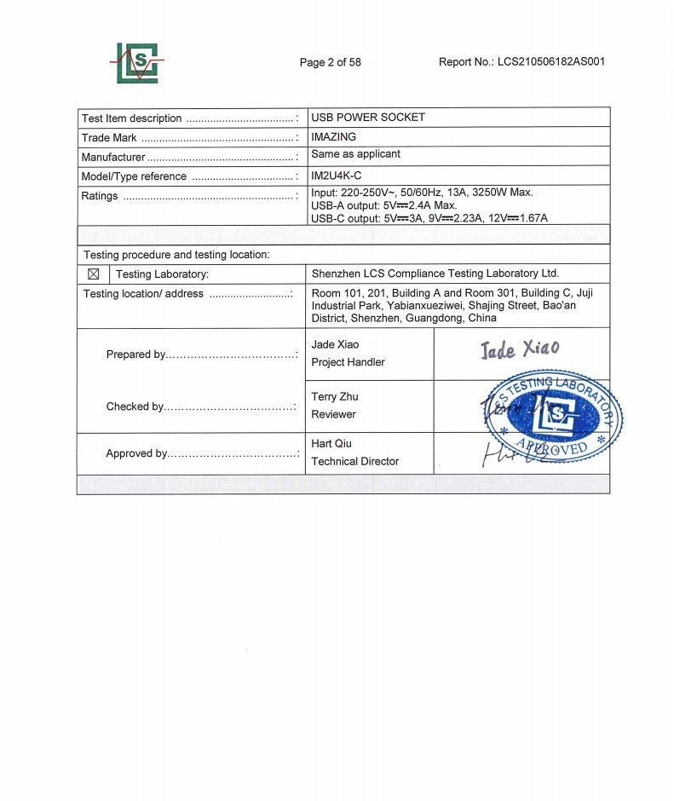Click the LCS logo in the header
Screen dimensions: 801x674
click(x=139, y=62)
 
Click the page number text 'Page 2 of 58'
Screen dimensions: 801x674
click(x=330, y=62)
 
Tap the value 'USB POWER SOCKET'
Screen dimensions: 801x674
click(x=368, y=118)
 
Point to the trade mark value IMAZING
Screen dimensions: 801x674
click(x=334, y=136)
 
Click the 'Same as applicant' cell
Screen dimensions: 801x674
click(x=355, y=154)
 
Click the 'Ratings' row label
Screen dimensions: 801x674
click(x=100, y=196)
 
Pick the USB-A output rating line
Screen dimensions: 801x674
click(x=384, y=205)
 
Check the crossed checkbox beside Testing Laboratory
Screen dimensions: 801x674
click(x=94, y=274)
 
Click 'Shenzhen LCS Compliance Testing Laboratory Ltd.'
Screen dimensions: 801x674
click(x=435, y=274)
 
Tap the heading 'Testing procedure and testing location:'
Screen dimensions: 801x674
click(x=176, y=255)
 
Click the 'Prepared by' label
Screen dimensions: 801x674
click(x=135, y=354)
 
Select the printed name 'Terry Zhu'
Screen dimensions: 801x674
click(x=335, y=396)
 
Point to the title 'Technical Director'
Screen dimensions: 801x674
click(x=355, y=461)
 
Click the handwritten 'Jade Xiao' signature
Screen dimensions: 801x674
click(x=520, y=349)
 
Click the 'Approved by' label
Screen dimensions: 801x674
click(x=136, y=453)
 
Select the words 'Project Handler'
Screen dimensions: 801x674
click(x=349, y=362)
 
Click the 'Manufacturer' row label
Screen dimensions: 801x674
click(x=113, y=157)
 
